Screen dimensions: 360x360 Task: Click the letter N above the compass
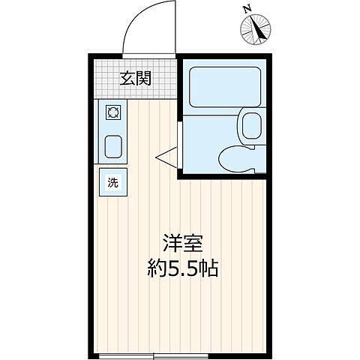[x=247, y=8]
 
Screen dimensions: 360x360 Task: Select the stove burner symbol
[x=114, y=114]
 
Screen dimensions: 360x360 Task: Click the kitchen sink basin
[x=114, y=145]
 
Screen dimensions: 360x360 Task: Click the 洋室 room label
[x=183, y=244]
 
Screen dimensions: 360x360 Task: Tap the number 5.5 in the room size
[x=183, y=268]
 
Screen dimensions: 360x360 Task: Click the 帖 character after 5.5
[x=209, y=268]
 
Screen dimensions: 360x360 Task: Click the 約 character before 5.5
[x=156, y=268]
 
